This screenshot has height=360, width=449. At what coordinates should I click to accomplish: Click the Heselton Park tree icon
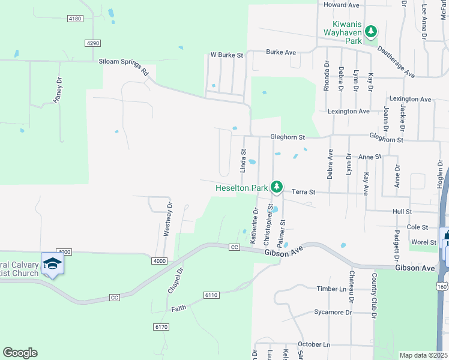pyautogui.click(x=276, y=188)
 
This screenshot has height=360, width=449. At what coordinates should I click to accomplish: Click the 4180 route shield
pyautogui.click(x=75, y=19)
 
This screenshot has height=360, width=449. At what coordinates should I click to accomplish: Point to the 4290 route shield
pyautogui.click(x=92, y=43)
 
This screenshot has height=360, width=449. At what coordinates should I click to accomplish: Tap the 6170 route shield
pyautogui.click(x=160, y=326)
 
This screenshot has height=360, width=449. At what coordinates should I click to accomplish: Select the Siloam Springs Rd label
pyautogui.click(x=124, y=66)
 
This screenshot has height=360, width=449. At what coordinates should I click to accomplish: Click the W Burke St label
pyautogui.click(x=226, y=55)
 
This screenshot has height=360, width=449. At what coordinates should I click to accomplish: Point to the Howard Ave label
pyautogui.click(x=341, y=5)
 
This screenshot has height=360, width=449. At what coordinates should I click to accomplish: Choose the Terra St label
pyautogui.click(x=304, y=192)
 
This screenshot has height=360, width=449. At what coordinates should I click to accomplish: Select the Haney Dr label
pyautogui.click(x=58, y=90)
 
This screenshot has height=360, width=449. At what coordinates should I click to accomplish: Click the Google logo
pyautogui.click(x=20, y=353)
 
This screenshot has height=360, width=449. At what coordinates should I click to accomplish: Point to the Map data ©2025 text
pyautogui.click(x=423, y=355)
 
